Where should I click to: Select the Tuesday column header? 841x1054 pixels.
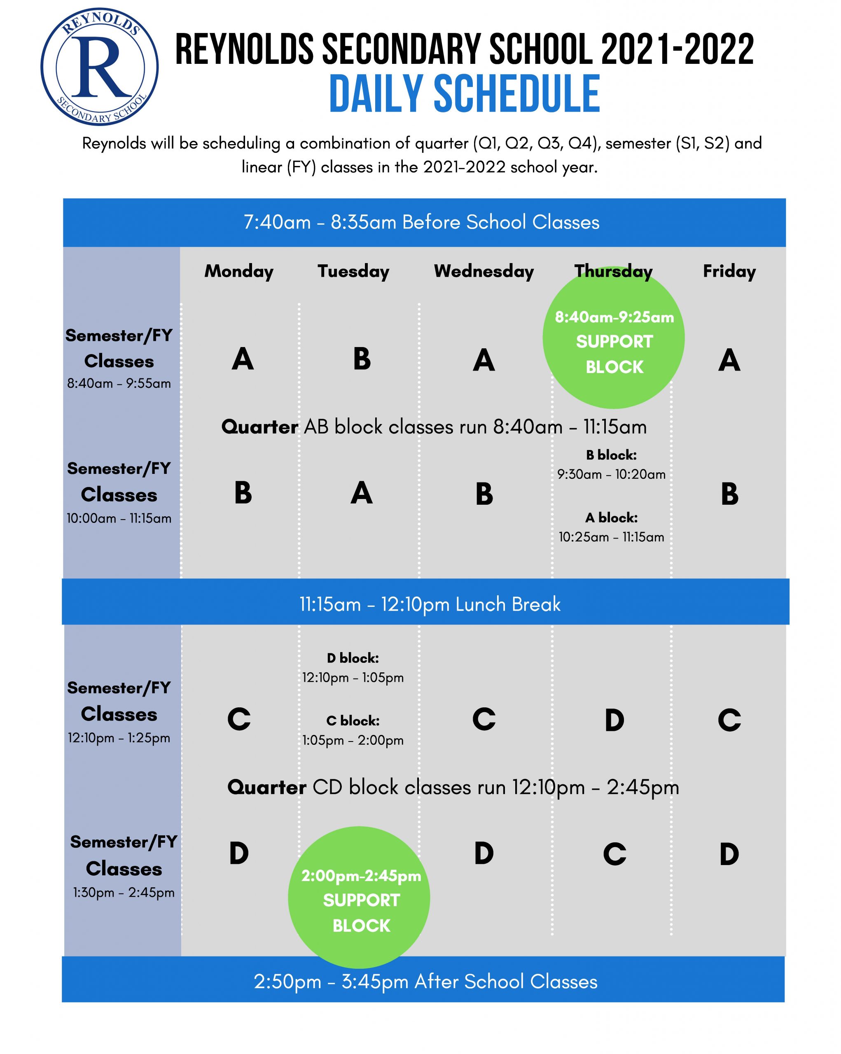coord(353,271)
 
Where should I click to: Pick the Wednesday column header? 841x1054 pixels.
coord(484,271)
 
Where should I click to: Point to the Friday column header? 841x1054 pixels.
coord(729,271)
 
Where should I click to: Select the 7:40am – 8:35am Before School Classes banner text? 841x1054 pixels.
coord(421,222)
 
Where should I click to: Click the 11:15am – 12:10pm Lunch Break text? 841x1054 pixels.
coord(430,605)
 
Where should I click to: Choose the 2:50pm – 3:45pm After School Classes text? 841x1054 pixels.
coord(425,982)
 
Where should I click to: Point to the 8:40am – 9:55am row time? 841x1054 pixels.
coord(119,383)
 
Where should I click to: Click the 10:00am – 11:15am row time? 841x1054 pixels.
coord(119,518)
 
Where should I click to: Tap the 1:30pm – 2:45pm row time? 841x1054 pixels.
coord(124,893)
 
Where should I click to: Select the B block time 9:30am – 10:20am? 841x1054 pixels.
coord(611,474)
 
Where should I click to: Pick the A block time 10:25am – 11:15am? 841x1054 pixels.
coord(611,537)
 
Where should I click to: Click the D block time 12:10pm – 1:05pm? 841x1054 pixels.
coord(353,678)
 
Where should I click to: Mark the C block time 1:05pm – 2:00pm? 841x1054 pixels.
coord(353,740)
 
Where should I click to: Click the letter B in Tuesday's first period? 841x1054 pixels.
coord(362,359)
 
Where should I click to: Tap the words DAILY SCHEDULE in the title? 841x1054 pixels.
coord(464,94)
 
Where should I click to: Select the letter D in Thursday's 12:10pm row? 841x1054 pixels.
coord(614,720)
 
